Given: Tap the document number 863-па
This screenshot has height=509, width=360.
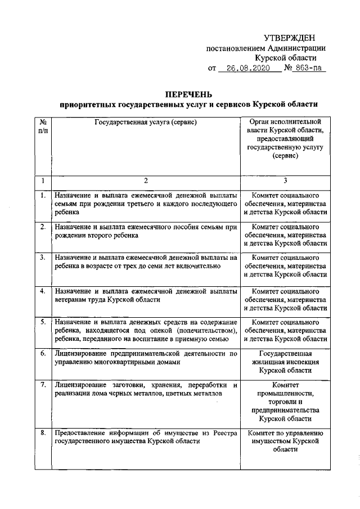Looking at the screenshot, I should point(309,68).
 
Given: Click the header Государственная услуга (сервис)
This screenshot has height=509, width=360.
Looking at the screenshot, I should point(146,121).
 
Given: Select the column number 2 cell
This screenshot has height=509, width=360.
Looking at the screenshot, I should point(146,181).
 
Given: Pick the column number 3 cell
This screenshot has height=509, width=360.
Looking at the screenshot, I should point(285,181).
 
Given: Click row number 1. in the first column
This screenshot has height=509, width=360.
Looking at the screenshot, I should point(43,195).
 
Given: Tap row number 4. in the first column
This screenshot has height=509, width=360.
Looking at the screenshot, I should point(43,291).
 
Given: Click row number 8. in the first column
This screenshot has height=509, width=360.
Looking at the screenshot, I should point(43,433).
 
